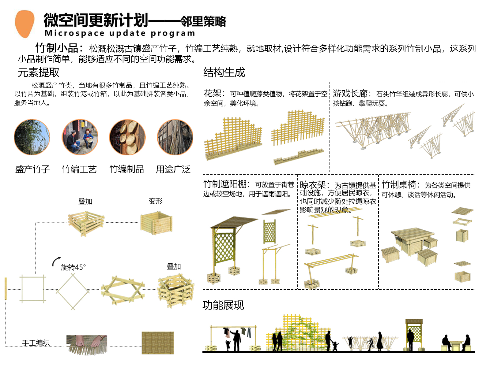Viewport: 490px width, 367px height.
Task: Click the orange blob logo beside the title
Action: point(24,24)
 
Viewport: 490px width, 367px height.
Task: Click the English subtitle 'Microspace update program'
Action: point(120,33)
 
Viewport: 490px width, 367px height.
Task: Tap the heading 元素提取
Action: point(38,72)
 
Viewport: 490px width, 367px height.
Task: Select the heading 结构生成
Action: point(224,72)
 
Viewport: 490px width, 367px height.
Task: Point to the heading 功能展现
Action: point(223,305)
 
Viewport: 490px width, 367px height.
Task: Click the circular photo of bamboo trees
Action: point(32,137)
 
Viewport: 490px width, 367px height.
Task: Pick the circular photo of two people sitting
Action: point(80,137)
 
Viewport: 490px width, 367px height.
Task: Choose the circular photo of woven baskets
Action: point(127,137)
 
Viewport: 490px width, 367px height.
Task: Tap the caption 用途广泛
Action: point(173,169)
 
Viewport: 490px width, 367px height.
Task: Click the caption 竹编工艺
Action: point(79,169)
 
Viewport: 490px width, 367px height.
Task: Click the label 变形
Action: point(156,201)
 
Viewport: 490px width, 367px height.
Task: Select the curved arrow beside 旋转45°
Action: point(56,261)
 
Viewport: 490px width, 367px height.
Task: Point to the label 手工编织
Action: point(36,343)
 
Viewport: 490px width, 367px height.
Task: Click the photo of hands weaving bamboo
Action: point(87,344)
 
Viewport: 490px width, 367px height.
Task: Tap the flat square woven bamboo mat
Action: point(158,343)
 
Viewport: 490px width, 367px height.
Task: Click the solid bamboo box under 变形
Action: point(156,223)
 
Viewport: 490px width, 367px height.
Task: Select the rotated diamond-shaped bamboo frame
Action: point(73,291)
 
